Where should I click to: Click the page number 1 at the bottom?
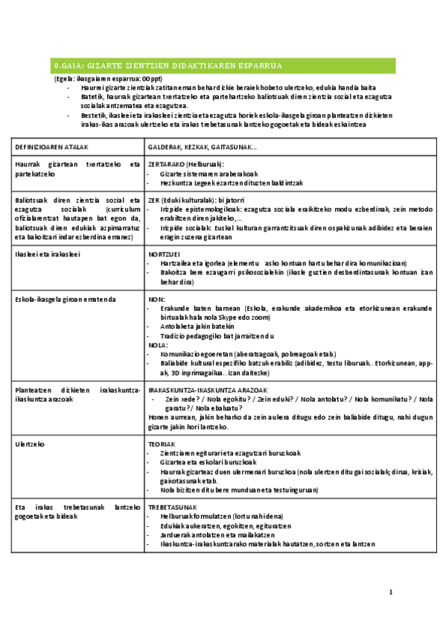[391, 592]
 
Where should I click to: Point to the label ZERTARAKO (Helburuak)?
[186, 164]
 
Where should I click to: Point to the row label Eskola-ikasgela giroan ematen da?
[66, 299]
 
